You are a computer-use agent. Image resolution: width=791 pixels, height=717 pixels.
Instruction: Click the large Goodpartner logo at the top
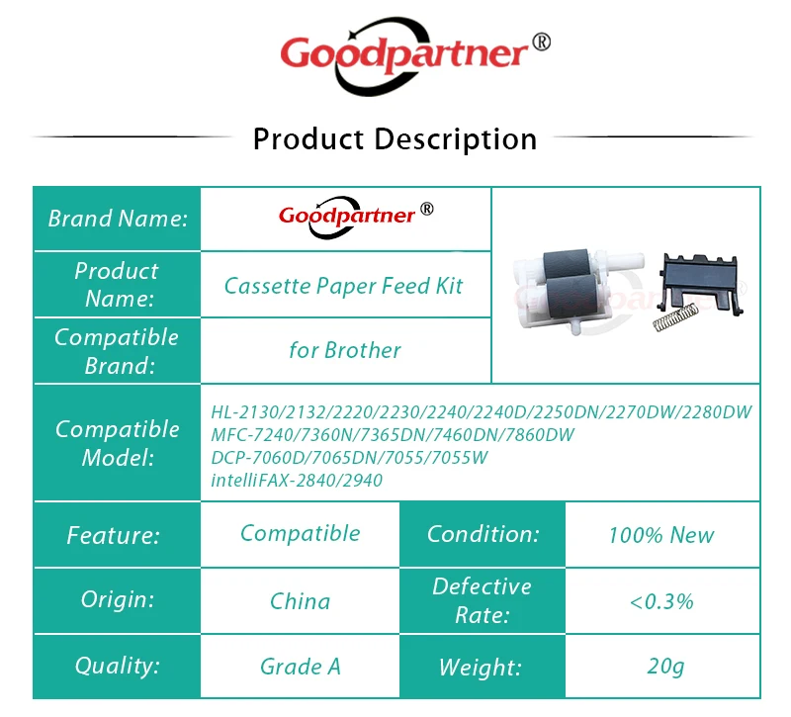414,55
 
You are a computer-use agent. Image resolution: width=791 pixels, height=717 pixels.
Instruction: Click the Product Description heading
395,138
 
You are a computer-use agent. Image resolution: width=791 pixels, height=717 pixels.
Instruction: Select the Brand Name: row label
118,219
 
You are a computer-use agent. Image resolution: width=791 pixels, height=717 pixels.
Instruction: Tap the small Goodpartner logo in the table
356,217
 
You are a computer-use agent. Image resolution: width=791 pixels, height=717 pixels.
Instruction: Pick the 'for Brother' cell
345,350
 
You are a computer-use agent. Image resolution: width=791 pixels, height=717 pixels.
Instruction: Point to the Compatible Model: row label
118,443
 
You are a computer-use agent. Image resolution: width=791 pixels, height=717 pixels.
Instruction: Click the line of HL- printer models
482,412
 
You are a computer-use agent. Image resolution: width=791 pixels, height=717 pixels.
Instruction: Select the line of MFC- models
393,435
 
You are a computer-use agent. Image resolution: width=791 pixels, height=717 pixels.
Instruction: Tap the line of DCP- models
349,458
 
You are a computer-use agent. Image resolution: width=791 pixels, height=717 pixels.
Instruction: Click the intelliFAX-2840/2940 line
297,481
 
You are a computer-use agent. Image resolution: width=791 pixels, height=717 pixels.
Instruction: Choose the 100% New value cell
661,535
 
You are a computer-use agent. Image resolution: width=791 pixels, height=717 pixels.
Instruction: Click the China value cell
301,601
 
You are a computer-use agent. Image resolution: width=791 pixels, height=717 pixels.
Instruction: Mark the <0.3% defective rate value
661,601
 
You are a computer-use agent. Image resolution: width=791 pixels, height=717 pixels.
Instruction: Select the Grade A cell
301,667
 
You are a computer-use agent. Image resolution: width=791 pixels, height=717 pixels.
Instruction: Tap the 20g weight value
665,667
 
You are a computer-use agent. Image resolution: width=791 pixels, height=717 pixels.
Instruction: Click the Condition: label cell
483,534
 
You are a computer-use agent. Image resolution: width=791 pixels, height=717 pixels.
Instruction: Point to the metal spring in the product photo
675,318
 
